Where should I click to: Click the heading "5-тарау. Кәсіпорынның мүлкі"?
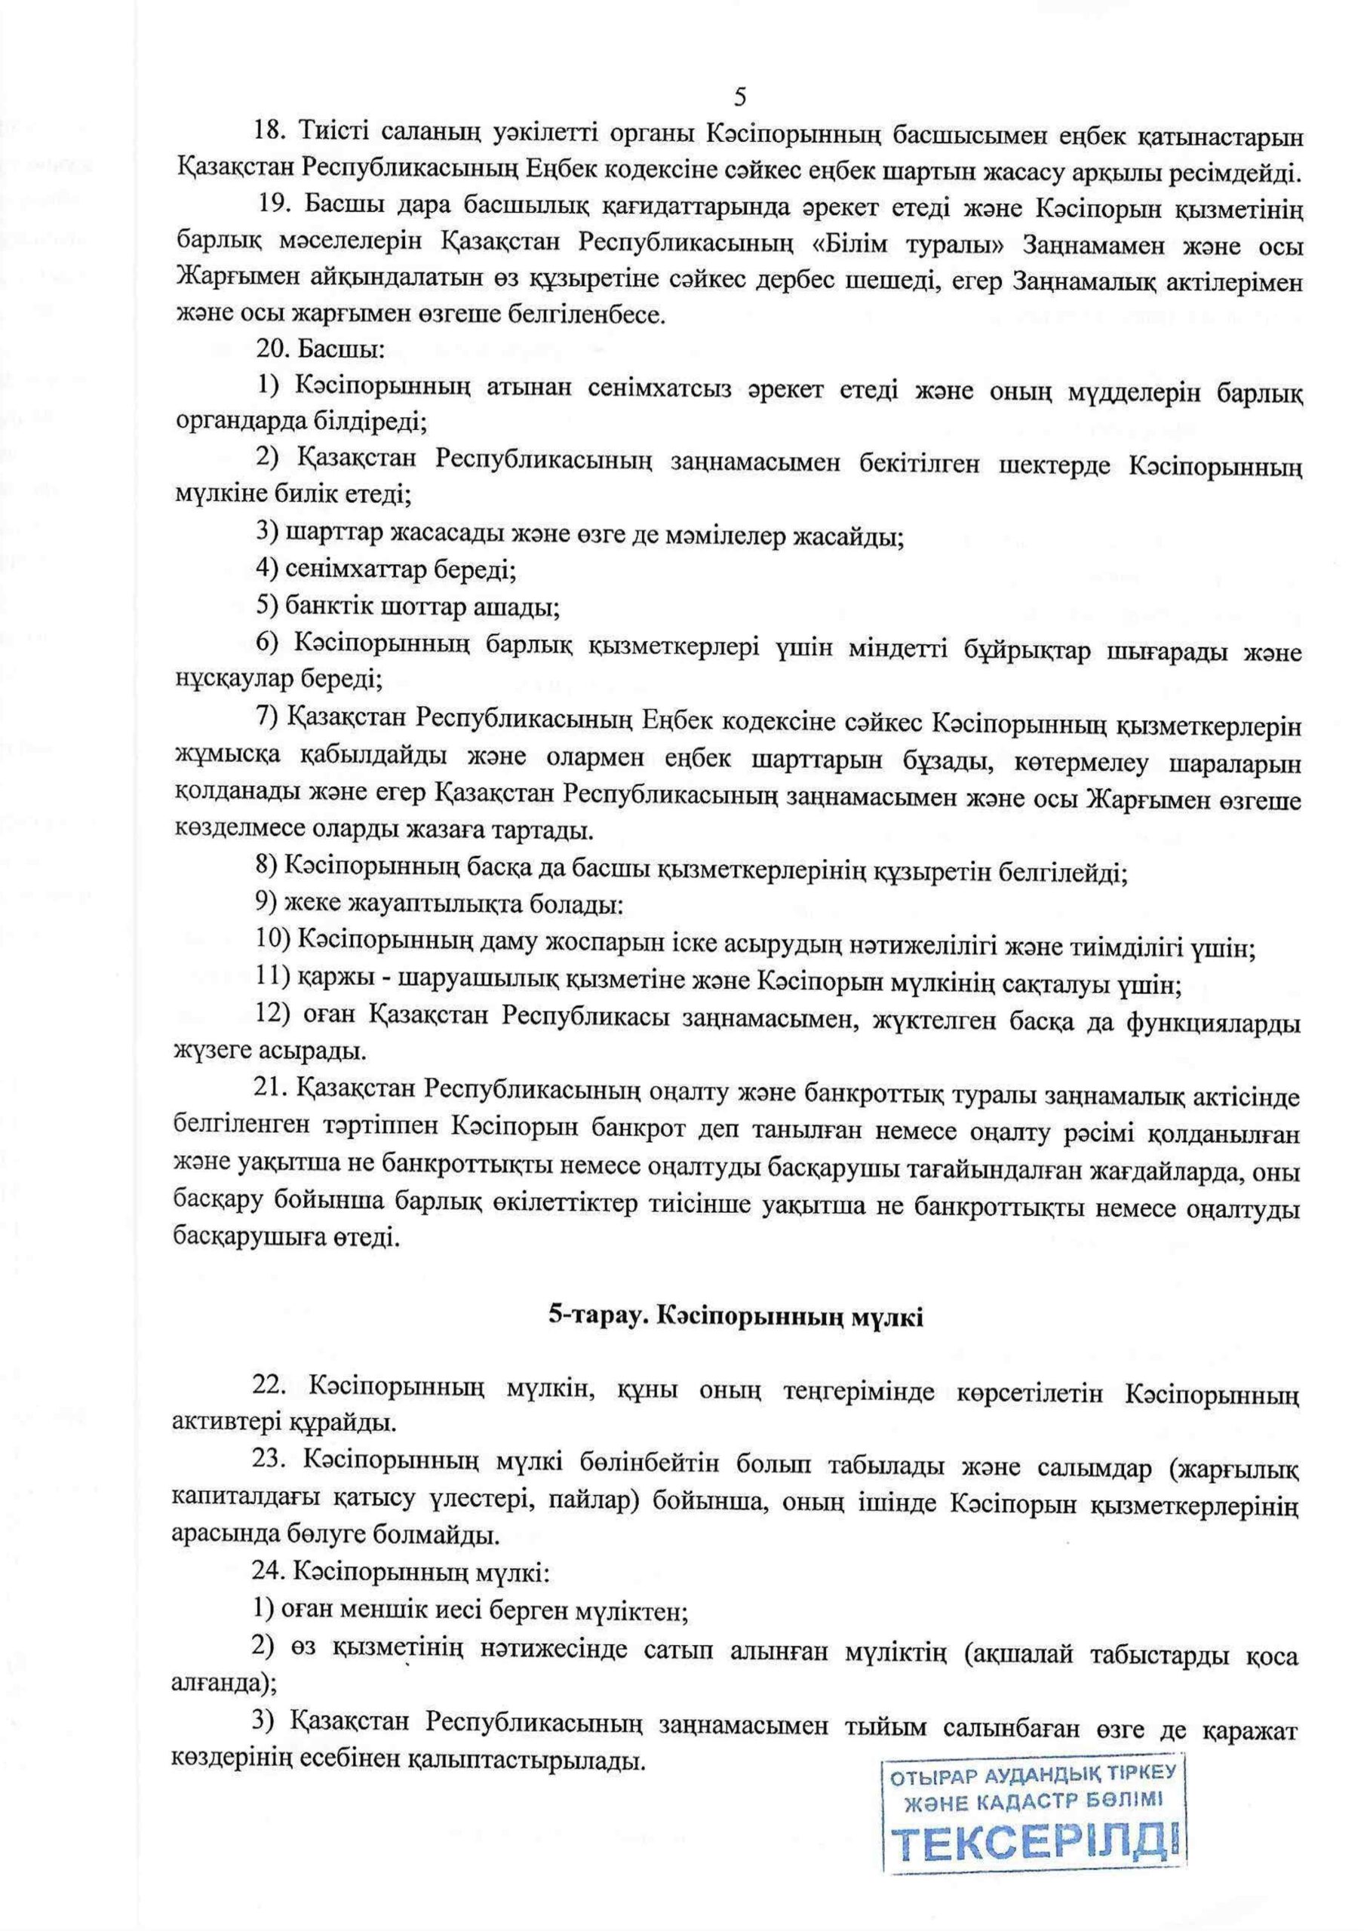coord(736,1317)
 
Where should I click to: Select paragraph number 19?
coord(274,205)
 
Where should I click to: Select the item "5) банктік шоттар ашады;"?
coord(408,606)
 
